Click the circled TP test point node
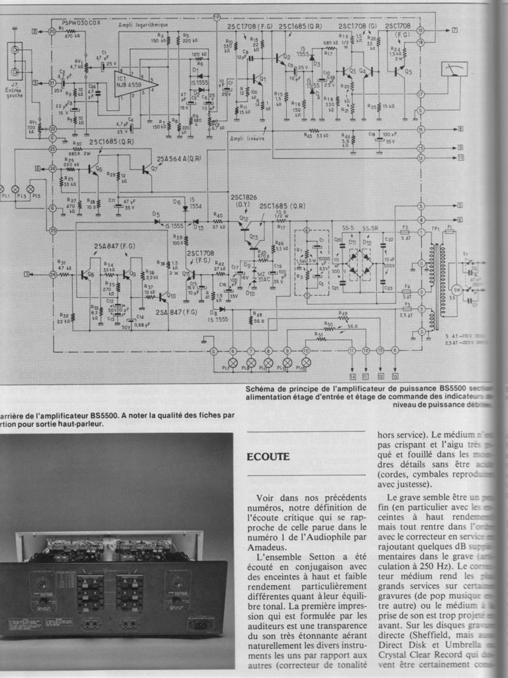217,17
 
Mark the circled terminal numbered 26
53,273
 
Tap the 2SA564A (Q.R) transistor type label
179,158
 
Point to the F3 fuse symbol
405,234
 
